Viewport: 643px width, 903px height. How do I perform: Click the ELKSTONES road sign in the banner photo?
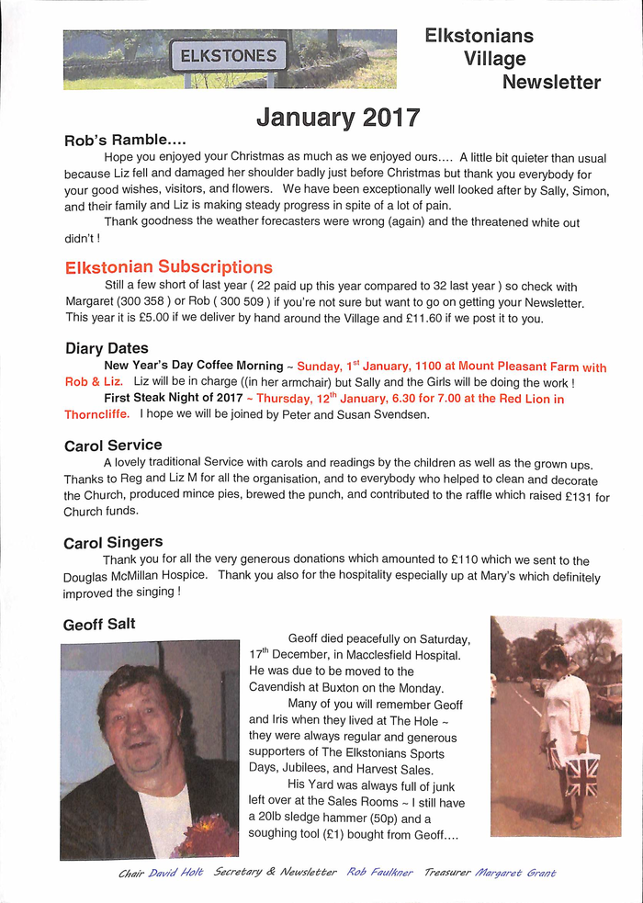[228, 56]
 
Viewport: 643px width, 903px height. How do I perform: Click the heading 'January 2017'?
[338, 118]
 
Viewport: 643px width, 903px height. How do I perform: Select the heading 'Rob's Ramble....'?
[125, 141]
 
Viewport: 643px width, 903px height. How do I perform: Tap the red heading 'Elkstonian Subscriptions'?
[169, 267]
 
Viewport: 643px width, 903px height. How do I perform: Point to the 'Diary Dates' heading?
[107, 348]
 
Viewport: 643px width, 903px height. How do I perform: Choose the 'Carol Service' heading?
[113, 446]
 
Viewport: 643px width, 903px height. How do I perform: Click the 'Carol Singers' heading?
[113, 543]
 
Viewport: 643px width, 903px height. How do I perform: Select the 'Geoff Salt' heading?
[99, 624]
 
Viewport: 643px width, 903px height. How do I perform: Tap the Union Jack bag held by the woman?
[581, 773]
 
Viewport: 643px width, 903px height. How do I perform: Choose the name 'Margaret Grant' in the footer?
[515, 873]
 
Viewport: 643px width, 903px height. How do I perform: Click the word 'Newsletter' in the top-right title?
[551, 83]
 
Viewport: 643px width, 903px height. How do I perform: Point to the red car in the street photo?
[607, 702]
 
